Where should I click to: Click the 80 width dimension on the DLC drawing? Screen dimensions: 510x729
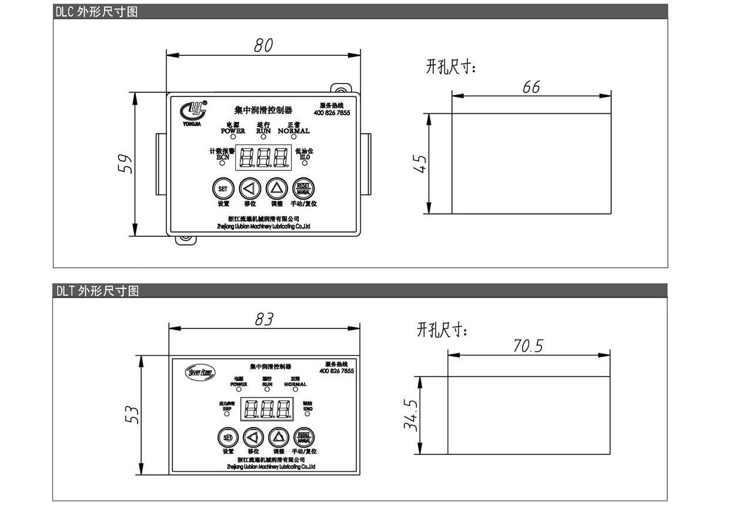click(263, 46)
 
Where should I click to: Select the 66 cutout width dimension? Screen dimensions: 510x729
click(531, 87)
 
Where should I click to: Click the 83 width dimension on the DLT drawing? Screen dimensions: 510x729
click(264, 319)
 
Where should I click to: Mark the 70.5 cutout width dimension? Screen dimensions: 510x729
click(527, 346)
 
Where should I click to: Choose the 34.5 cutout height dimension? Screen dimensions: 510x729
click(410, 415)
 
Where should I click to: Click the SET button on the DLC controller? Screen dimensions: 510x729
click(223, 189)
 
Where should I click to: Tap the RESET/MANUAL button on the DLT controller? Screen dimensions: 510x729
click(304, 437)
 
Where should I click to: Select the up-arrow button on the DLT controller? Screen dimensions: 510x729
click(279, 437)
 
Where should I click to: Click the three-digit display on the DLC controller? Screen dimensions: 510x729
click(263, 157)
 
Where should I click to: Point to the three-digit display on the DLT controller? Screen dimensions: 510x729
click(267, 410)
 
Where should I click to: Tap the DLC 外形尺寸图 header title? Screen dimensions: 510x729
click(97, 11)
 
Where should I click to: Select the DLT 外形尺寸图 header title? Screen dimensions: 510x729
click(98, 291)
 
